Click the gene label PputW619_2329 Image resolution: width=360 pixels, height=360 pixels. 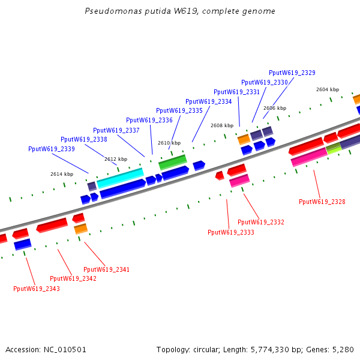(x=292, y=73)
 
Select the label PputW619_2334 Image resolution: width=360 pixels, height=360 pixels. (x=208, y=101)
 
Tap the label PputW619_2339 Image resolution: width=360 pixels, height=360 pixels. (x=52, y=149)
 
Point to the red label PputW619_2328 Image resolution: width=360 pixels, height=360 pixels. (x=322, y=202)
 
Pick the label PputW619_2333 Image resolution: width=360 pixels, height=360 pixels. (x=231, y=232)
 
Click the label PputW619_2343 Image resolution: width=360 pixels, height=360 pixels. (x=37, y=289)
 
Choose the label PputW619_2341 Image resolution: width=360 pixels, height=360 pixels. (x=106, y=269)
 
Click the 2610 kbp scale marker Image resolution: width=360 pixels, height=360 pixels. (x=169, y=143)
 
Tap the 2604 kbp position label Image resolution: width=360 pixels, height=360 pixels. (x=328, y=89)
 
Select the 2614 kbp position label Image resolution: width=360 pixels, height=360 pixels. (x=62, y=174)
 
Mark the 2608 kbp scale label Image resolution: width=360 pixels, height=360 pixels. (x=222, y=125)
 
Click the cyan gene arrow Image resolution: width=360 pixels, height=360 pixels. (x=120, y=177)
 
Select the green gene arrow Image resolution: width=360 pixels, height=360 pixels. (x=172, y=161)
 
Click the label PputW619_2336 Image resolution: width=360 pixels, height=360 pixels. (x=149, y=120)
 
